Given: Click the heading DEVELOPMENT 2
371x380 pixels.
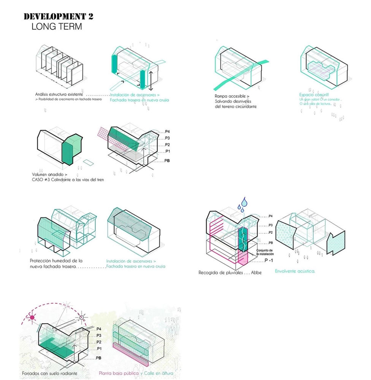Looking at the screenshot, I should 58,17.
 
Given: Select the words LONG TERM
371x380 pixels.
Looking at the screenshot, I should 57,27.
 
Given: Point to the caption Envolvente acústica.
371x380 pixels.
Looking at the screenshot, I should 295,272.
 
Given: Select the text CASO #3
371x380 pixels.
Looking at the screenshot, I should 43,180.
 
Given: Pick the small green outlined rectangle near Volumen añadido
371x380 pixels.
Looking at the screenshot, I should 89,162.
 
